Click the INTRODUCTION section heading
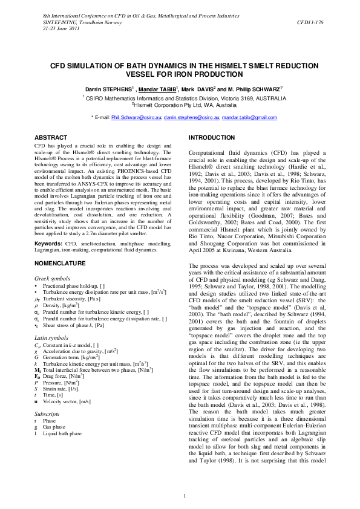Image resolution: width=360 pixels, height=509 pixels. click(x=212, y=138)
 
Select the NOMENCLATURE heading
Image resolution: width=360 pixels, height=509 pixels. click(x=59, y=264)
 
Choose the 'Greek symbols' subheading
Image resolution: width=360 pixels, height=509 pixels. click(x=51, y=277)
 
